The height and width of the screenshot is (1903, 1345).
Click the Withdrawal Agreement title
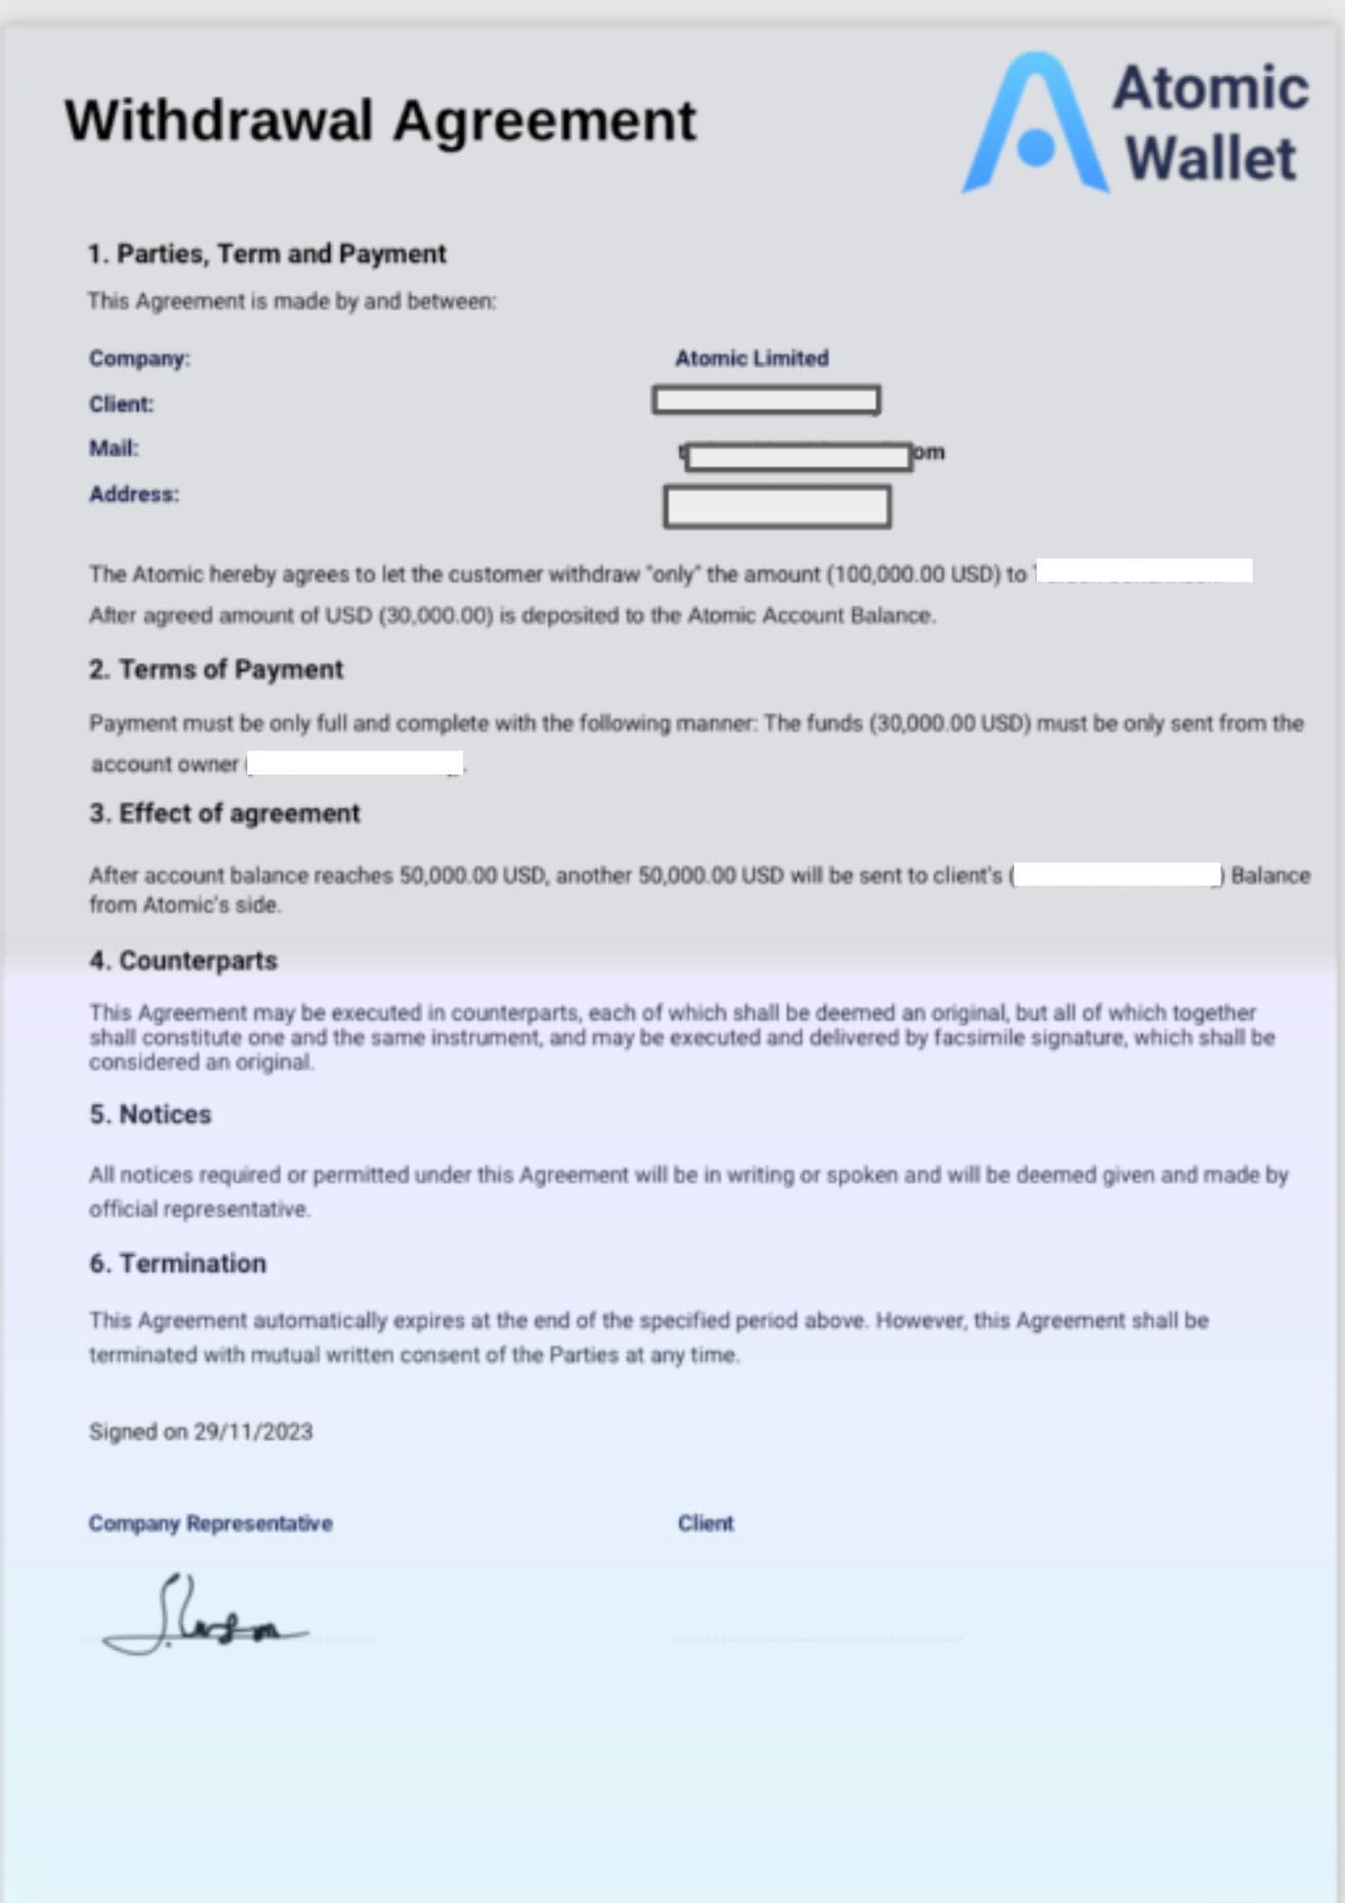(x=380, y=121)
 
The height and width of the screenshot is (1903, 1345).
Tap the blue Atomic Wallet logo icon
(x=1035, y=124)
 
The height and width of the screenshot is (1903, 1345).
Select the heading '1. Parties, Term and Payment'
(x=266, y=254)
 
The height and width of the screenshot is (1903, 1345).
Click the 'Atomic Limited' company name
(x=751, y=359)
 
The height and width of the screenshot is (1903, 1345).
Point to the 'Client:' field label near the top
(x=121, y=404)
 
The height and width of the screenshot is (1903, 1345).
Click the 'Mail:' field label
(x=113, y=448)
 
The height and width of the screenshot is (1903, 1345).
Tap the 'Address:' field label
(x=133, y=495)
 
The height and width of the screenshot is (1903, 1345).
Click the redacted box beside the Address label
(x=777, y=506)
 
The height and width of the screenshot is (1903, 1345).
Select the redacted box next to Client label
(x=766, y=400)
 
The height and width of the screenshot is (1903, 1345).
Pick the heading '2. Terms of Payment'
(x=216, y=670)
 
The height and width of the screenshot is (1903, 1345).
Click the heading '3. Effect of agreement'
(x=224, y=814)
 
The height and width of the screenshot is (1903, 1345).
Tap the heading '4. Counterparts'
(x=184, y=961)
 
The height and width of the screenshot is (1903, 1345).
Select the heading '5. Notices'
(x=150, y=1114)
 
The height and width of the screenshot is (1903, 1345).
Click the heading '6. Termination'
(x=178, y=1264)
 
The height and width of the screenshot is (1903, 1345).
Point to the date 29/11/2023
(x=253, y=1432)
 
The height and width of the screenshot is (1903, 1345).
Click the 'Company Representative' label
(x=210, y=1523)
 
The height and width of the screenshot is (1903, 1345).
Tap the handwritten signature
(x=205, y=1618)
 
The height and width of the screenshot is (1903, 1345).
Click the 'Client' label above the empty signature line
(x=705, y=1523)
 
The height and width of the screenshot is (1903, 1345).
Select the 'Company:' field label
(x=139, y=359)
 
